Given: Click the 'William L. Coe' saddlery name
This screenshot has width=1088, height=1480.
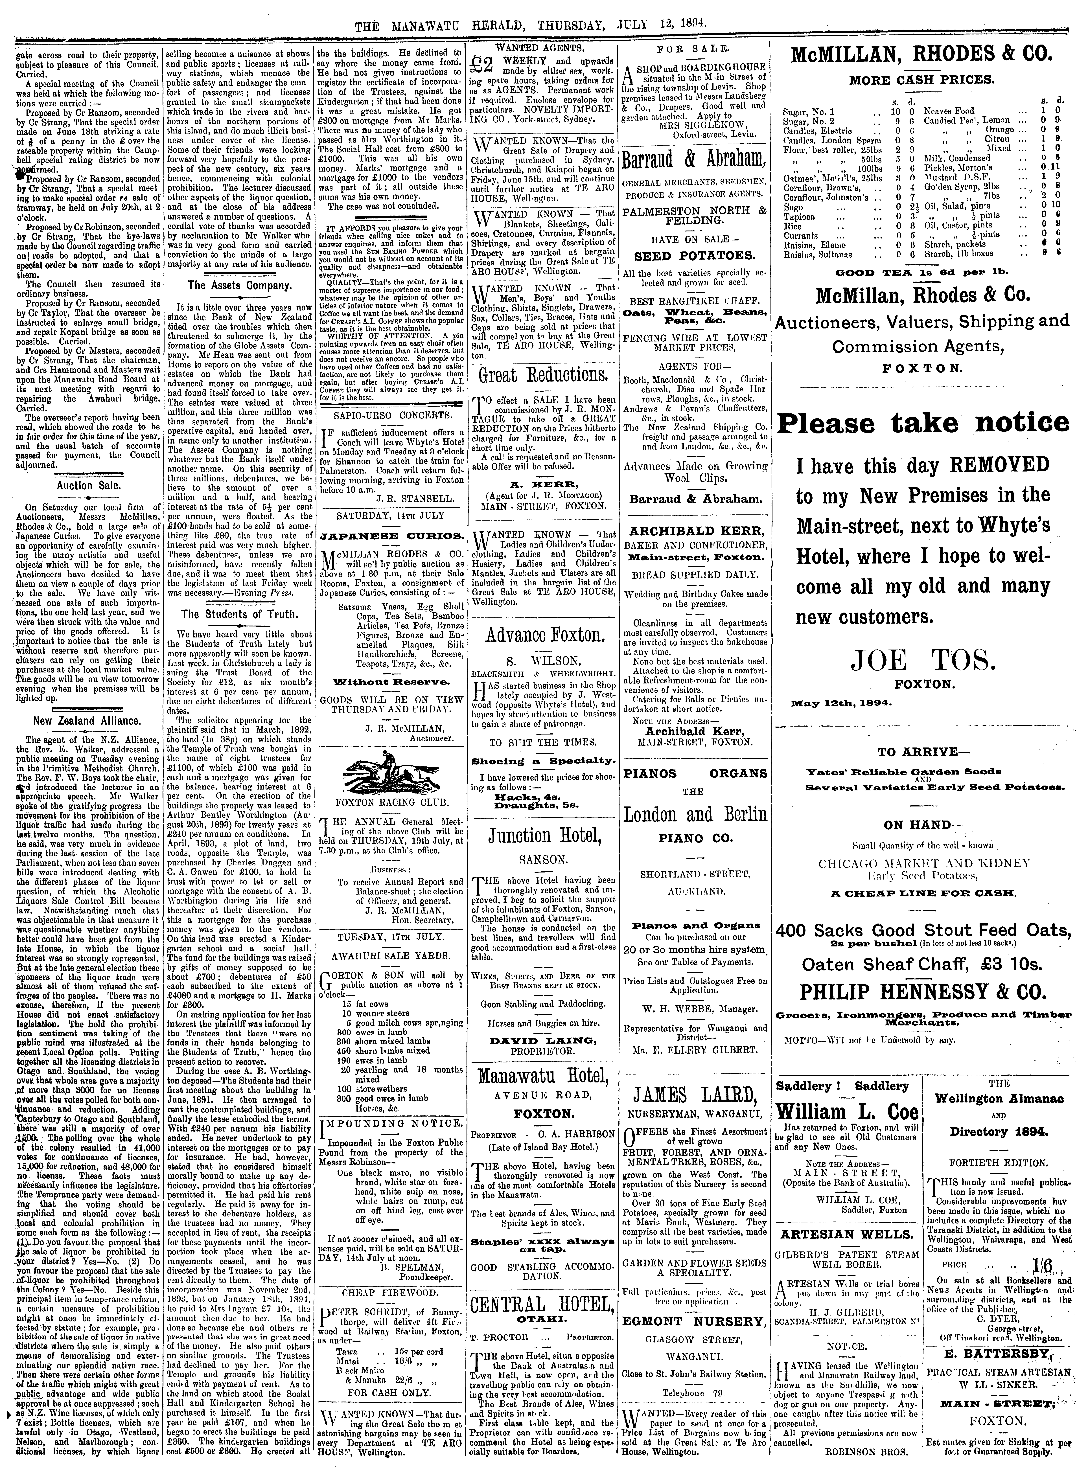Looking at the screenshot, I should click(x=846, y=1113).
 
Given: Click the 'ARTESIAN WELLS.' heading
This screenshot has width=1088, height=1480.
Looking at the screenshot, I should click(x=846, y=1233).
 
